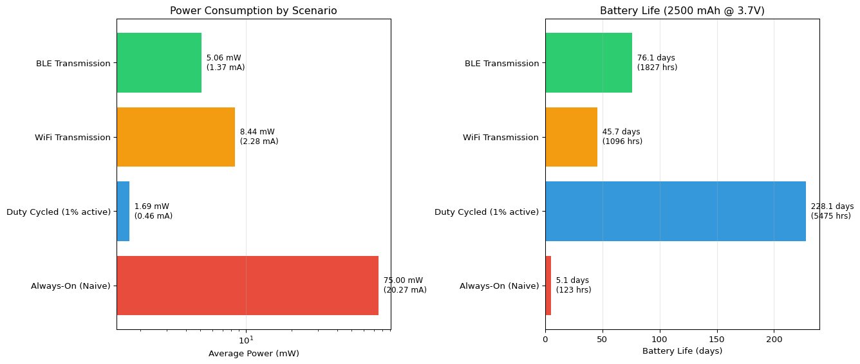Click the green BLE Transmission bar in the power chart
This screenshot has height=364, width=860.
point(159,63)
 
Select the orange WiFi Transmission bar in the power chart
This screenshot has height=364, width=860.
point(176,137)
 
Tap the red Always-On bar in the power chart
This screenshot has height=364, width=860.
point(247,286)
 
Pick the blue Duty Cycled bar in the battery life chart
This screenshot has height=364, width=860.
point(675,212)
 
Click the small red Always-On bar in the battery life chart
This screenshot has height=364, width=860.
point(548,286)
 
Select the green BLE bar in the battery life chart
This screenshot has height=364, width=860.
point(588,63)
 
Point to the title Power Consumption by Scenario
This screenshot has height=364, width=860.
point(253,11)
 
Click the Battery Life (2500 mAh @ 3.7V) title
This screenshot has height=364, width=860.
point(682,11)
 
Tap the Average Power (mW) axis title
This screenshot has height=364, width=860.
point(254,354)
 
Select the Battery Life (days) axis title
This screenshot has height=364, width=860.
point(682,351)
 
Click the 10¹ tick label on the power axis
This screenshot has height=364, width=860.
point(247,339)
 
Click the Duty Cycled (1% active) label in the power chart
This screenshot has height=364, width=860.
point(59,212)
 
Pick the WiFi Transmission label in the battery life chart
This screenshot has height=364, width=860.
point(500,138)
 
